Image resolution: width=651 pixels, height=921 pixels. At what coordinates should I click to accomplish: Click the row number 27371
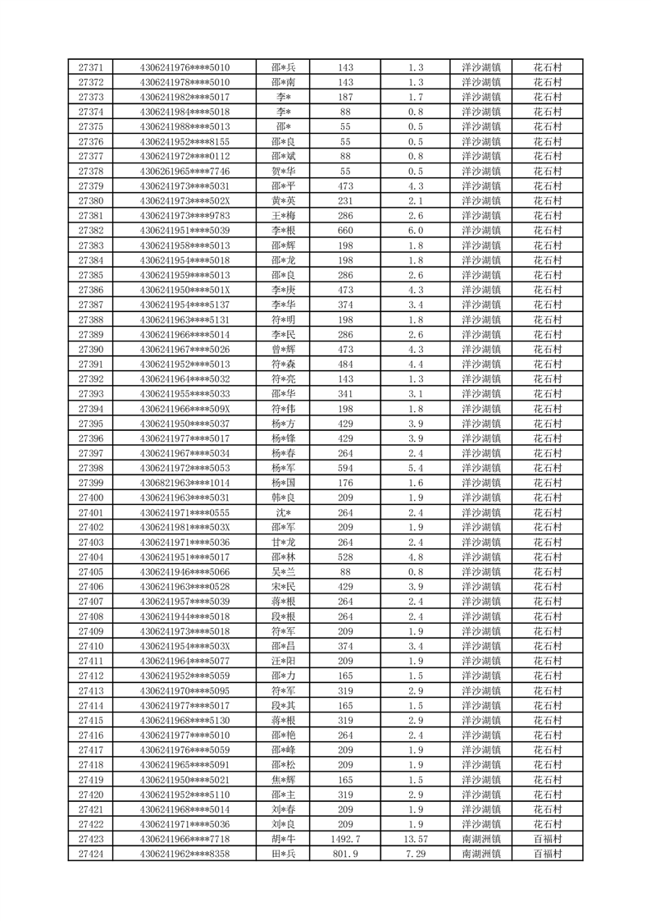pos(90,67)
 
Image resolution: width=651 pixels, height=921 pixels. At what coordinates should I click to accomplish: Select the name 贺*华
pos(284,172)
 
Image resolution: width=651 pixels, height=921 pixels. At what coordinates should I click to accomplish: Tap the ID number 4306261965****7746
pos(184,172)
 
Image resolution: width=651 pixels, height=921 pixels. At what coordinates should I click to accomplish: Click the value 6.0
pos(415,231)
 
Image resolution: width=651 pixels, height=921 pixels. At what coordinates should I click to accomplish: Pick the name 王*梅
pos(284,216)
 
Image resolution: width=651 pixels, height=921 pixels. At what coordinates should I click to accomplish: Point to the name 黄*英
pos(284,201)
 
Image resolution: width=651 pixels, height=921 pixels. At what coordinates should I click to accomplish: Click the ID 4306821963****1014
pos(184,483)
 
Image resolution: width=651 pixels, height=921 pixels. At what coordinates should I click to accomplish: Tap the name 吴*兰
pos(284,572)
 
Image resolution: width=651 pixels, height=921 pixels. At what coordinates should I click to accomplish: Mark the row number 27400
pos(90,498)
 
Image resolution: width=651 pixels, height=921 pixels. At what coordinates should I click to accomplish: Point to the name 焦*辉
pos(284,780)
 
